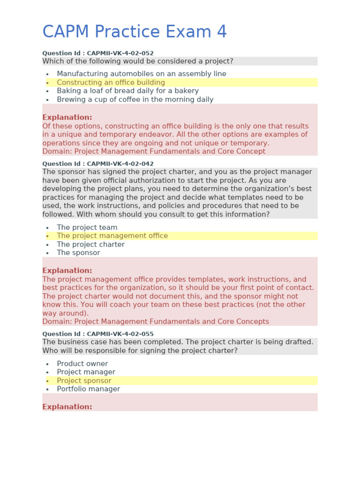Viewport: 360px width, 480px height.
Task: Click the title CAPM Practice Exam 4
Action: [135, 32]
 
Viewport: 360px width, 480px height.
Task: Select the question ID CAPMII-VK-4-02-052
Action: [98, 53]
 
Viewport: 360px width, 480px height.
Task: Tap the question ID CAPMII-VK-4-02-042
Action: [98, 164]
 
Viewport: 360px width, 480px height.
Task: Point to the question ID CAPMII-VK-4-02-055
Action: [98, 334]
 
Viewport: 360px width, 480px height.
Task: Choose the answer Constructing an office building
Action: [111, 82]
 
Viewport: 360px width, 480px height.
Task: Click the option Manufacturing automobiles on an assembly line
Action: [141, 74]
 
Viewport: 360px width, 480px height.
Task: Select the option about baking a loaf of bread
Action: [127, 91]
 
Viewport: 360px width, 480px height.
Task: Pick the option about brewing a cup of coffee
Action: [135, 99]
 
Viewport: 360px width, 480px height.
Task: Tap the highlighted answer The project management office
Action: [112, 236]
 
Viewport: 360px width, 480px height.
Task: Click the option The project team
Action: [87, 227]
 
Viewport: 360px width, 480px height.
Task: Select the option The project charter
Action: [90, 244]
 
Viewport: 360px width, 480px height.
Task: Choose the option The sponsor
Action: [78, 253]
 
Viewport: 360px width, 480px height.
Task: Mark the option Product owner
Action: [82, 364]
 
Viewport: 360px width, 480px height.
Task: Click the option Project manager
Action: [86, 372]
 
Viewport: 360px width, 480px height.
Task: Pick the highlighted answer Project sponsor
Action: [84, 381]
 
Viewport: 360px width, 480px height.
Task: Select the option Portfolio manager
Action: [88, 389]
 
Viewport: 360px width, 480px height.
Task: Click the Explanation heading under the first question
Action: [67, 117]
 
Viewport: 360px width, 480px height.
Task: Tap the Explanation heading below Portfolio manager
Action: [67, 407]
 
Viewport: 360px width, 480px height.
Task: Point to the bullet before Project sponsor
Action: [47, 381]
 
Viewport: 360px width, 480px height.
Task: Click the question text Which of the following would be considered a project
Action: [137, 61]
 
